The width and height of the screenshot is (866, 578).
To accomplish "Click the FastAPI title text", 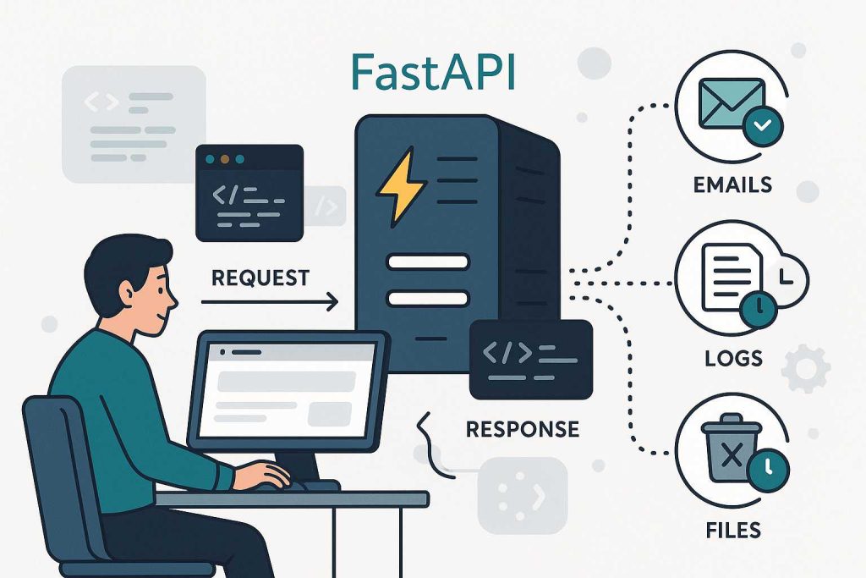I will pyautogui.click(x=434, y=72).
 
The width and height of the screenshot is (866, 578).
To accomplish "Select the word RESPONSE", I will pyautogui.click(x=523, y=428).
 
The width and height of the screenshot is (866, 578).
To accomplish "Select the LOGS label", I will pyautogui.click(x=733, y=359).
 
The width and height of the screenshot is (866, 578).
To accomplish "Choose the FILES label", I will pyautogui.click(x=733, y=531).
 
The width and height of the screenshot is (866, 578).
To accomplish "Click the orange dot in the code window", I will pyautogui.click(x=223, y=159).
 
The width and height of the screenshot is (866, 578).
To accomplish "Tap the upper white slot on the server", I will pyautogui.click(x=427, y=262).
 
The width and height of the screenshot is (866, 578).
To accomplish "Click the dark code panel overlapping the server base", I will pyautogui.click(x=530, y=357).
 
